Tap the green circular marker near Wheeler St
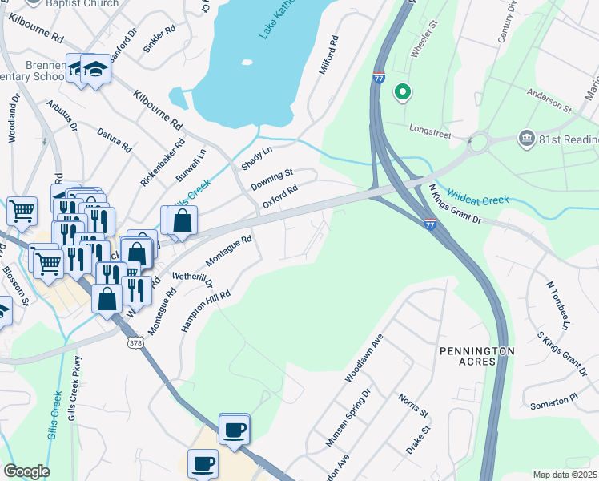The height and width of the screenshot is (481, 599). pos(402,93)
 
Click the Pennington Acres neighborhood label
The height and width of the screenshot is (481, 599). pos(476,358)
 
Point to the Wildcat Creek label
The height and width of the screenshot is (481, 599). pos(477,196)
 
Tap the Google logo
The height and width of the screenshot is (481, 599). pos(26,471)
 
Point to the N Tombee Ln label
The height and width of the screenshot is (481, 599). pos(557,305)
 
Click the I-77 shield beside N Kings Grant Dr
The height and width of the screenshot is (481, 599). pos(430,225)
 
